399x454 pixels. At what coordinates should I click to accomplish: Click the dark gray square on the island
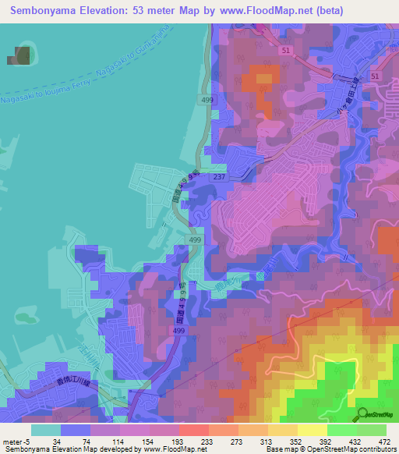pyautogui.click(x=22, y=56)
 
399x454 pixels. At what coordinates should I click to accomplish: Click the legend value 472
pyautogui.click(x=384, y=441)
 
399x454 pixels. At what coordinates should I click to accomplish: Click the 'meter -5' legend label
pyautogui.click(x=16, y=441)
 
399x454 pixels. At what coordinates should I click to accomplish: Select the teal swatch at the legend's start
pyautogui.click(x=46, y=430)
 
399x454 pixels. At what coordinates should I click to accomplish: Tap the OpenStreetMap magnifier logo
pyautogui.click(x=362, y=413)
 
